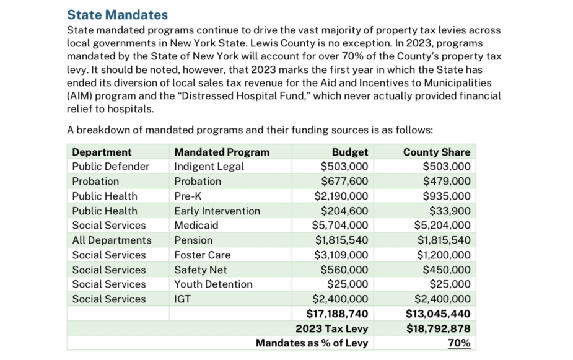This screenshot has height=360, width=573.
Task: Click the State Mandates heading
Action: click(117, 14)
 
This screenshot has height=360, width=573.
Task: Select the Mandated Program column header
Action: click(222, 152)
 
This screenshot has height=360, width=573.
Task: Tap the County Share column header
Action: click(436, 152)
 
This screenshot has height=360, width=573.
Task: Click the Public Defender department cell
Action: click(111, 166)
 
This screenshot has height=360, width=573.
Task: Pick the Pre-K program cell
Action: click(187, 196)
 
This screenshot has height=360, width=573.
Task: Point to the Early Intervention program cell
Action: click(217, 211)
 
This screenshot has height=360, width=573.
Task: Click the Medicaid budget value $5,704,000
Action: click(340, 226)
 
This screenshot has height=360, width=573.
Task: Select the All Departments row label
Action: click(112, 240)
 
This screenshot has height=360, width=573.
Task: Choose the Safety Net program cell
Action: click(201, 270)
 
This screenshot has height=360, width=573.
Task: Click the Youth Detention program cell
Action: click(213, 284)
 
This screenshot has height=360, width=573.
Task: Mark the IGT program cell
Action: click(183, 299)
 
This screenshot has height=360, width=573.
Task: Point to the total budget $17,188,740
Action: click(337, 314)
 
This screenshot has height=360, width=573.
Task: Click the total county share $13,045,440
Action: click(437, 314)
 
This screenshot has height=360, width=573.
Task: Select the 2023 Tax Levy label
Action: click(331, 328)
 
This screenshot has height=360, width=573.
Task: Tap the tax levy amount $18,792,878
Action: click(437, 328)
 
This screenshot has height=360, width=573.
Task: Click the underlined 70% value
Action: click(458, 343)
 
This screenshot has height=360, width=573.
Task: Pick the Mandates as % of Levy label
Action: click(312, 343)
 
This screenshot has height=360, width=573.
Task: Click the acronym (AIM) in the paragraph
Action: click(81, 96)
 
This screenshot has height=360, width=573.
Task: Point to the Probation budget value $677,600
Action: click(344, 181)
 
